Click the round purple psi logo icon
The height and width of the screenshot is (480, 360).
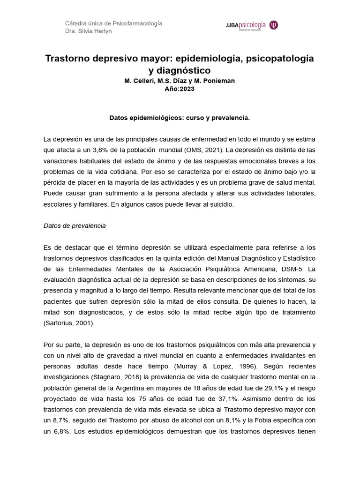tap(274, 25)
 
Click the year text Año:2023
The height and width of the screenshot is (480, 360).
tap(180, 89)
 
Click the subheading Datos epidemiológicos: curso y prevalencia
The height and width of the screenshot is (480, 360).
tap(180, 118)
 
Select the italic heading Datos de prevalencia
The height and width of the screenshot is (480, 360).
tap(75, 226)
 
